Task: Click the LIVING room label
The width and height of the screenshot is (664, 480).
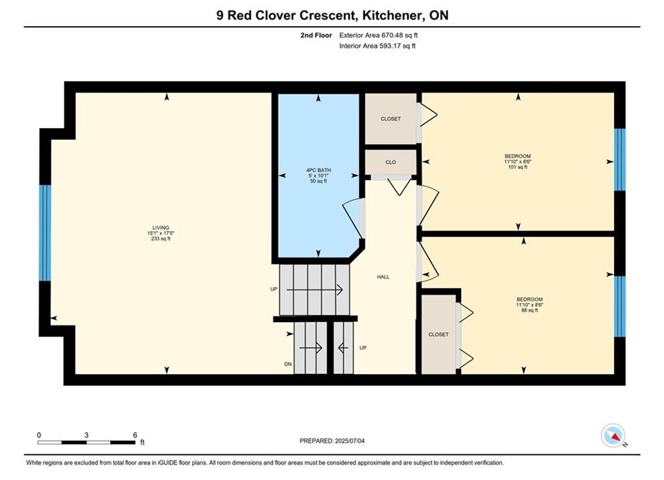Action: (x=161, y=227)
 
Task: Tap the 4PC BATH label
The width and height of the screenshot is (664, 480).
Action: (x=318, y=170)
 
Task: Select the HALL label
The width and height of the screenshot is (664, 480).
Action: (x=383, y=277)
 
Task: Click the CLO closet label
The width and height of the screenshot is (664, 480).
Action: (x=390, y=163)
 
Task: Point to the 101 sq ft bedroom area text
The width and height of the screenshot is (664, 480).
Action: (x=517, y=167)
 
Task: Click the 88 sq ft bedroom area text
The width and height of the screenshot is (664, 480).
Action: (x=529, y=310)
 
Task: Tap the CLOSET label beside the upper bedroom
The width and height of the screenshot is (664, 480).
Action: (x=390, y=119)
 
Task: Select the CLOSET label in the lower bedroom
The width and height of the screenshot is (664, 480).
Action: (x=438, y=335)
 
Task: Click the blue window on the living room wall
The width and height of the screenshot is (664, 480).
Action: (x=45, y=233)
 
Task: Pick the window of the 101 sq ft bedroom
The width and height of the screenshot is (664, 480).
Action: (x=619, y=160)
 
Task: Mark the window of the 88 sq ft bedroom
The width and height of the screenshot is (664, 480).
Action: (x=619, y=306)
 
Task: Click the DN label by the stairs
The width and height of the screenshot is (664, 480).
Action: (x=288, y=364)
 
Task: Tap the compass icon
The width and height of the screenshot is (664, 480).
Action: (x=613, y=435)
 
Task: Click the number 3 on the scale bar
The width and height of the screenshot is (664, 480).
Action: (x=86, y=435)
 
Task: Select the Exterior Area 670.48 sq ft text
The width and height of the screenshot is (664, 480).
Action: (x=378, y=35)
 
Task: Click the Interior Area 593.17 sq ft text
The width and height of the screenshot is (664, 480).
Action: (x=377, y=46)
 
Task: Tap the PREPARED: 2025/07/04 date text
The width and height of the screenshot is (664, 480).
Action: (x=332, y=441)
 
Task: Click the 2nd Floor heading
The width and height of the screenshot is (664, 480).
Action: (x=316, y=35)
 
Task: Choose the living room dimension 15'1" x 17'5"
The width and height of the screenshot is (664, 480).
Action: (x=161, y=233)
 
